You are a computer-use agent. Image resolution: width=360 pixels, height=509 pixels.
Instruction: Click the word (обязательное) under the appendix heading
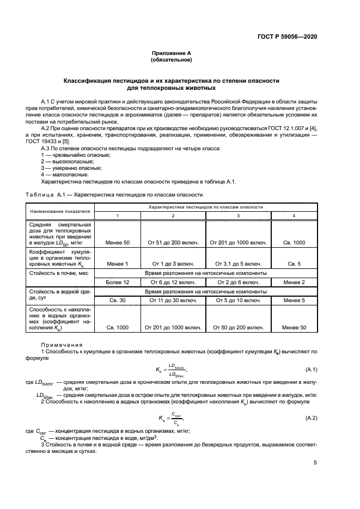pos(172,60)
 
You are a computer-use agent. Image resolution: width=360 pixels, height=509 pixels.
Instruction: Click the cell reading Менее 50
pos(118,242)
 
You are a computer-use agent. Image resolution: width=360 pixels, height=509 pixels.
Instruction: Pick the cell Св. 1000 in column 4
pos(295,242)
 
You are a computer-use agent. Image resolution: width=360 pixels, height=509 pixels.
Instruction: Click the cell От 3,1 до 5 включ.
pos(237,263)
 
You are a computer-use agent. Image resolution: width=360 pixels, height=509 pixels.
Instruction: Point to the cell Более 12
pos(118,282)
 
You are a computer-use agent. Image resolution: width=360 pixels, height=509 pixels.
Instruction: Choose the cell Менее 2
pos(295,282)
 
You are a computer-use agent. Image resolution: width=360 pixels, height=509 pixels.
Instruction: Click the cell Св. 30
pos(118,300)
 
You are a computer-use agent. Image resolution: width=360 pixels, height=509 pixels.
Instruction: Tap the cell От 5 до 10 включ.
pos(237,300)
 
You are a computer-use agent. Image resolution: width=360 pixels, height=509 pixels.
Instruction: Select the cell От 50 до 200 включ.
pos(237,328)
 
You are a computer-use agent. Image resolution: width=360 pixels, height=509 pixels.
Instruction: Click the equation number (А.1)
pos(312,370)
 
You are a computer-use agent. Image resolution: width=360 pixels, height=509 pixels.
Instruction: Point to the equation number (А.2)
pos(312,418)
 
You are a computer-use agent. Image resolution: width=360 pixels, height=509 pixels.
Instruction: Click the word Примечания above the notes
pos(62,345)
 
